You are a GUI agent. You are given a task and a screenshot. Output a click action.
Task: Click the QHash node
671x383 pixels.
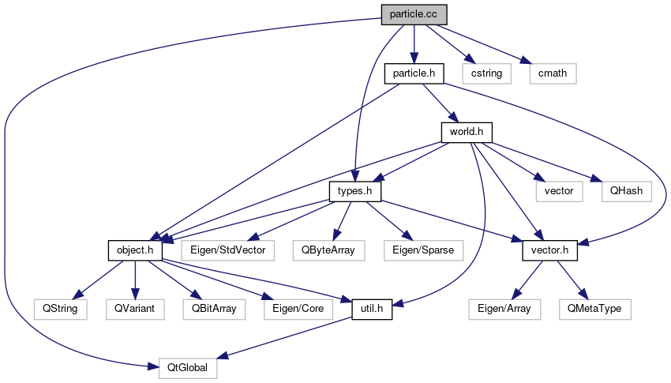[624, 191]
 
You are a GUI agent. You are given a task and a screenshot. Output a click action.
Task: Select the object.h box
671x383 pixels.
[135, 250]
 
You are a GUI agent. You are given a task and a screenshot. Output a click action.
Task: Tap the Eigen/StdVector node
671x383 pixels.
[227, 250]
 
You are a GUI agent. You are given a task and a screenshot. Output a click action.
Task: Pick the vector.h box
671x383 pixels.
[549, 250]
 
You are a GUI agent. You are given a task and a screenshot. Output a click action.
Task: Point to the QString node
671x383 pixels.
[60, 308]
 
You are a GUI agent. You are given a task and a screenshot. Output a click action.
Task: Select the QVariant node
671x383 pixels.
[134, 308]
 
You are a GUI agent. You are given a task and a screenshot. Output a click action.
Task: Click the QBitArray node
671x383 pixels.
[213, 308]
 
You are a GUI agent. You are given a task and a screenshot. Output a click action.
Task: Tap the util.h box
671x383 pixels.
[371, 308]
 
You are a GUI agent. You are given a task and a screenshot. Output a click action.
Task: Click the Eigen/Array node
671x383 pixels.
[504, 308]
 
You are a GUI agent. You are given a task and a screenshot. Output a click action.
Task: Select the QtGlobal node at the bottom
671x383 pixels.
[188, 367]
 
